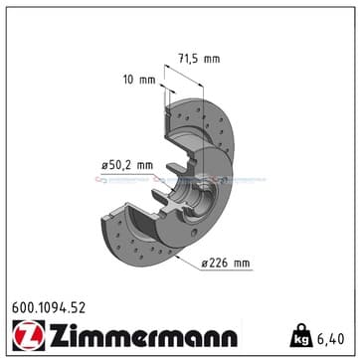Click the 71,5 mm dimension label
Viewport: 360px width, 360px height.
pyautogui.click(x=199, y=59)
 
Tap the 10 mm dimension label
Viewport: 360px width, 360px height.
pyautogui.click(x=139, y=80)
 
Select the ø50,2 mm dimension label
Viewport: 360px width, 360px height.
pyautogui.click(x=127, y=165)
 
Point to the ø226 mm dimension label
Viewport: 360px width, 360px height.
pyautogui.click(x=226, y=264)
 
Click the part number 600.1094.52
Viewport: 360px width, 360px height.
pyautogui.click(x=49, y=308)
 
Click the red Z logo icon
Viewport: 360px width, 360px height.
pyautogui.click(x=29, y=335)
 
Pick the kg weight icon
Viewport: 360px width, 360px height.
pyautogui.click(x=301, y=336)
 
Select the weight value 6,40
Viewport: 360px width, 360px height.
pyautogui.click(x=330, y=339)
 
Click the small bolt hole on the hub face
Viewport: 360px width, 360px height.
pyautogui.click(x=195, y=233)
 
